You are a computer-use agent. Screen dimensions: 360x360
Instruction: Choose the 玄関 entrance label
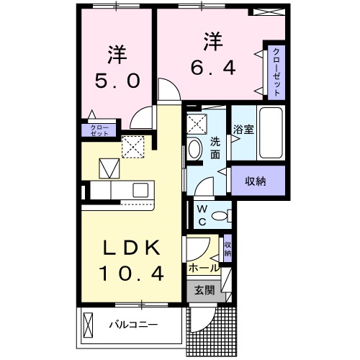coord(204,291)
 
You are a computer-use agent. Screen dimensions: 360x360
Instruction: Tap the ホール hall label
coord(204,267)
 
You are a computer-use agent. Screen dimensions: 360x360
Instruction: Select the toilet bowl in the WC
coord(224,215)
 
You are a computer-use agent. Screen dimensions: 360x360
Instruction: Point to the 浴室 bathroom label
coord(243,130)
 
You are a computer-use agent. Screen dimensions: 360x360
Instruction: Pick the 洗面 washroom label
coord(215,148)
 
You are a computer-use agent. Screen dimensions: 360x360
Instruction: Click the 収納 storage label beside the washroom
coord(255,181)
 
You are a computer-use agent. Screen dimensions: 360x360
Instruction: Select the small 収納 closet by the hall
coord(228,248)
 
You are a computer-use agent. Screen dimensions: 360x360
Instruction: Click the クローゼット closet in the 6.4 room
coord(276,72)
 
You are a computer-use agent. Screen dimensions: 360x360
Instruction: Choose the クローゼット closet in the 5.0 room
coord(99,130)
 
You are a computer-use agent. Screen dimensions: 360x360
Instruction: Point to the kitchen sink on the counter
coord(140,190)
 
